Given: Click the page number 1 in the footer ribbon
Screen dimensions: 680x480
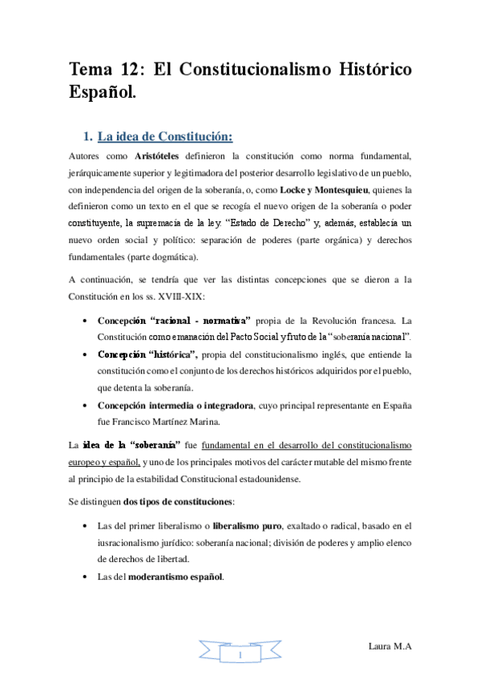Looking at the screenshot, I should coord(240,657).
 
